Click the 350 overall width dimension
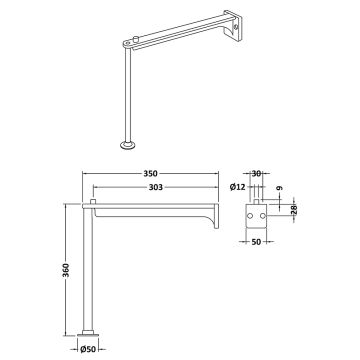151,172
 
